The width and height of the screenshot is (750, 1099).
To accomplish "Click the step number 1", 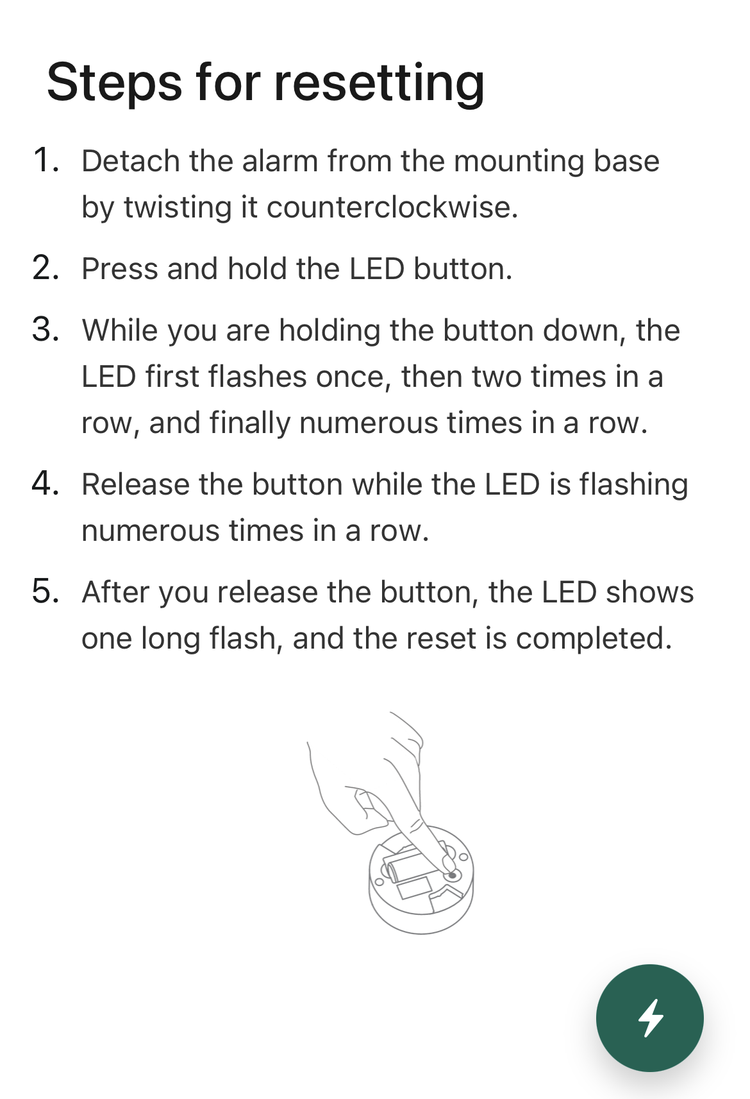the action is tap(45, 160).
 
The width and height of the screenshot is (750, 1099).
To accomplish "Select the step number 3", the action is tap(46, 329).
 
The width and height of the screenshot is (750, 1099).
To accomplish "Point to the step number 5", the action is tap(46, 592).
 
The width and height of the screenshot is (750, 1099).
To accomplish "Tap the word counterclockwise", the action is tap(392, 207).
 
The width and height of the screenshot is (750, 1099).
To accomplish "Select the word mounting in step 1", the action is tap(519, 162).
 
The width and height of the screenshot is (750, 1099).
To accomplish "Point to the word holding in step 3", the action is tap(329, 331).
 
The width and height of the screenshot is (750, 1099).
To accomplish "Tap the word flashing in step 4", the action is tap(634, 486).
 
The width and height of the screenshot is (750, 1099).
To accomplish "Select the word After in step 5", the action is tap(115, 592).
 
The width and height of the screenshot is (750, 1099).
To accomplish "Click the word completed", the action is tap(594, 639).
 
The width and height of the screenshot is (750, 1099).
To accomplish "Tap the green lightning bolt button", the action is tap(649, 1018).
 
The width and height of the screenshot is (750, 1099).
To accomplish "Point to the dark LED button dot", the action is tap(452, 875).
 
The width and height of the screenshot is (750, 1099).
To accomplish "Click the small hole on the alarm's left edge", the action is tap(379, 882).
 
